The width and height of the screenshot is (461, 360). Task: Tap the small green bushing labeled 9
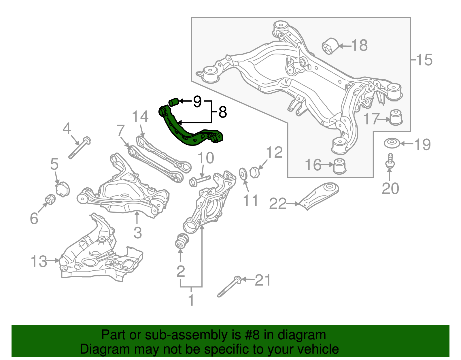point(173,102)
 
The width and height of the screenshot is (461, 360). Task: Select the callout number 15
point(424,60)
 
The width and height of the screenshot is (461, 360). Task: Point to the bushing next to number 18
point(330,46)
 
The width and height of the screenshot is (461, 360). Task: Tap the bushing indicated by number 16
point(339,166)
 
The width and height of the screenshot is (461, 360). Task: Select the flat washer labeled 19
point(391,143)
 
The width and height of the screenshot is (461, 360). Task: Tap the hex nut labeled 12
point(255,172)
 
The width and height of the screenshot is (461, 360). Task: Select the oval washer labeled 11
point(243,174)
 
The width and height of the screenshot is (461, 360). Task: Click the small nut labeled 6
point(50,199)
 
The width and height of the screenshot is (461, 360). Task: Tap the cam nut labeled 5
point(63,189)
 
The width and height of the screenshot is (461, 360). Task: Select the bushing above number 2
point(182,241)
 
